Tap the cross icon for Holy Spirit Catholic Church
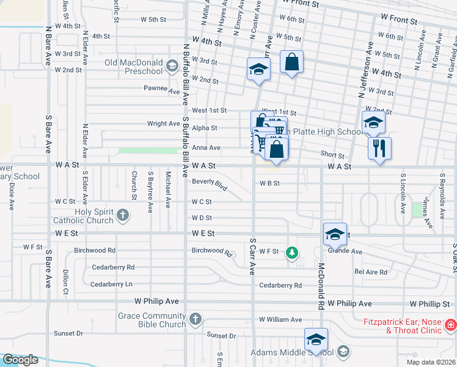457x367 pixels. point(123,215)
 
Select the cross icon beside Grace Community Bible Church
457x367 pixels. point(195,319)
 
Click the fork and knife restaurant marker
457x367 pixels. point(379,148)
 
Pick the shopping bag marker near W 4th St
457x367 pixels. point(291,62)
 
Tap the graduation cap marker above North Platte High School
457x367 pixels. point(373,123)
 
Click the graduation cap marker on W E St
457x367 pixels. point(334,235)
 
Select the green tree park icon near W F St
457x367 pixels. point(293,252)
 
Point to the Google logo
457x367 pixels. point(20,359)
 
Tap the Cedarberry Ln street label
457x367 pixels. point(111,284)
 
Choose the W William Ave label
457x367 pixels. point(280,319)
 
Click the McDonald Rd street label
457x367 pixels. point(320,286)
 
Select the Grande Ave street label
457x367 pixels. point(345,251)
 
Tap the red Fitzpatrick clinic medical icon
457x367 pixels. point(451,324)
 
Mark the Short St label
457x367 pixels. point(332,156)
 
